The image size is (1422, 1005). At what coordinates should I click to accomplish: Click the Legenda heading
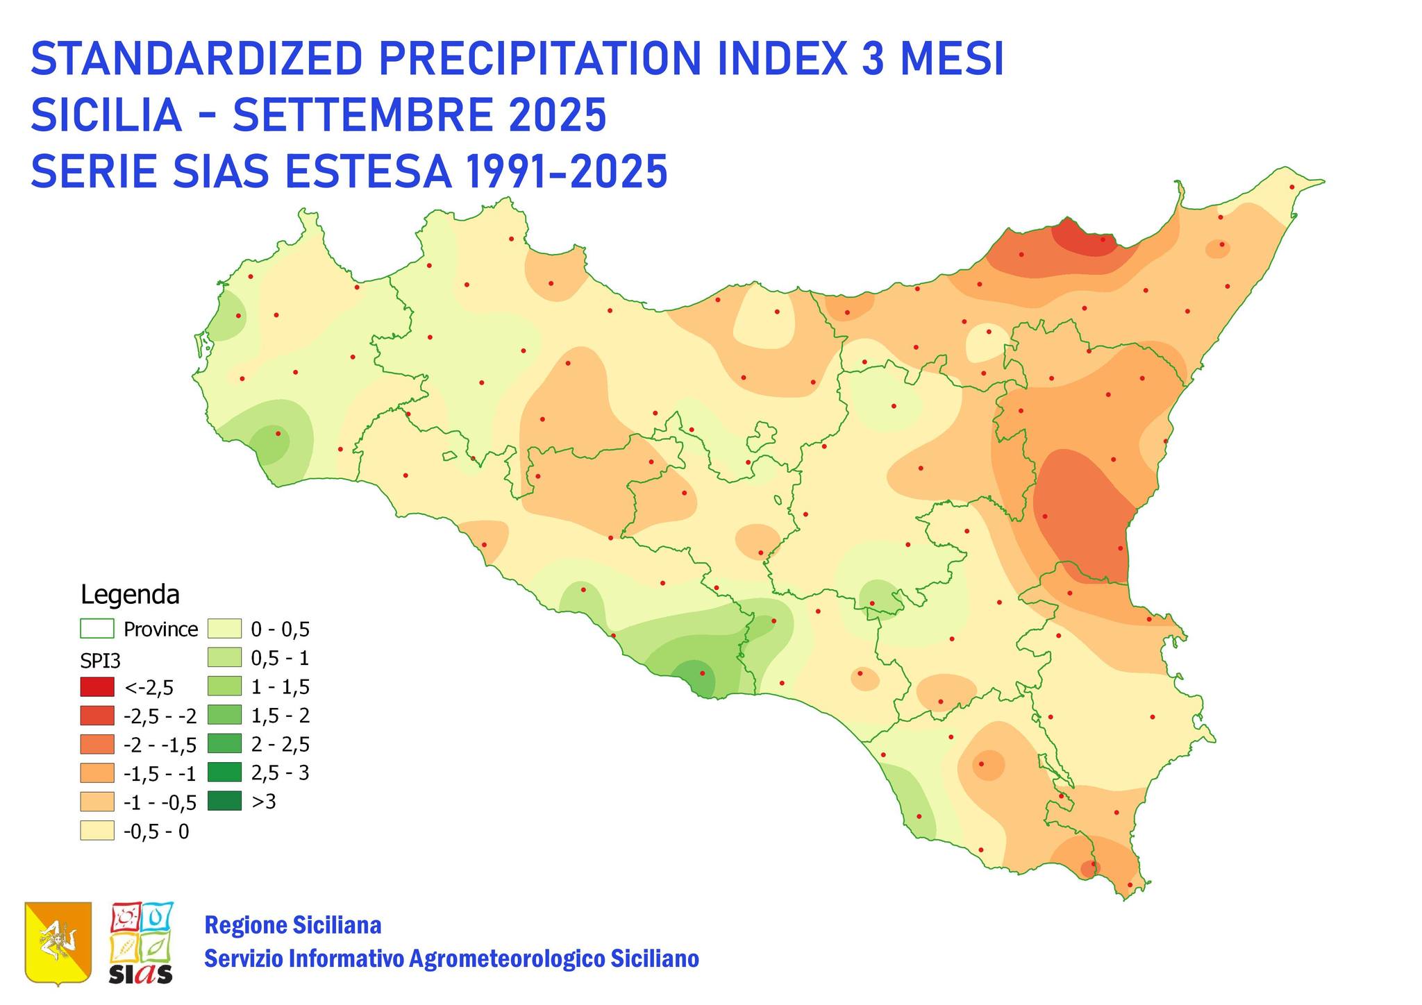point(130,595)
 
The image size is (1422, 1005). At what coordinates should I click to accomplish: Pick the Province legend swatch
point(97,629)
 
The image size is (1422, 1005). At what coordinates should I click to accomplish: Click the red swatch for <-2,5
point(97,687)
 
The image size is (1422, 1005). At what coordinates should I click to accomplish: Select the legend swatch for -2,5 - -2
point(97,716)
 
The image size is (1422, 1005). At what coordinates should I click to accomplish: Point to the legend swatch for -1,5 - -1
point(97,773)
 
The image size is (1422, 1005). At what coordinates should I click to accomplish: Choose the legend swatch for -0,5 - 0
point(97,831)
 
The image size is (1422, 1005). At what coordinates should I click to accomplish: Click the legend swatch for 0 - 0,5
point(224,629)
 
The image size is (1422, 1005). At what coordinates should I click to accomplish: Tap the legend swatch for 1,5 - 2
point(224,716)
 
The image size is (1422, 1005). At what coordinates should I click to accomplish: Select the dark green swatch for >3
point(224,802)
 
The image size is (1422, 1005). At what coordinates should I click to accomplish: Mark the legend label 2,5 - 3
point(281,773)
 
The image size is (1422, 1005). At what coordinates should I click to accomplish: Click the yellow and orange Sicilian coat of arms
point(58,942)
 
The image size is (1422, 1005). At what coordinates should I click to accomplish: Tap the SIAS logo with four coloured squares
point(142,942)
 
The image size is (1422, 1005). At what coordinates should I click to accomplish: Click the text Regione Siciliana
point(292,925)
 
